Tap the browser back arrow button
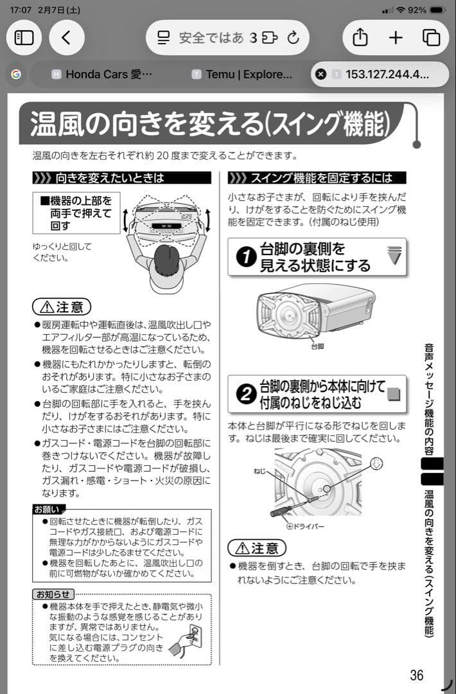(67, 37)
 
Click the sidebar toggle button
(24, 37)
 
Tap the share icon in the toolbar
(360, 37)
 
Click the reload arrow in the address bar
(294, 37)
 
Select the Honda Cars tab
(103, 74)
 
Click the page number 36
(417, 675)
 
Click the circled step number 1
(244, 258)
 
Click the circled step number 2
(244, 395)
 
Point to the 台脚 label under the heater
(317, 346)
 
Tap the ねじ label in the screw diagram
(259, 471)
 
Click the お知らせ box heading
(53, 593)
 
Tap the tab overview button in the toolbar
(431, 37)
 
